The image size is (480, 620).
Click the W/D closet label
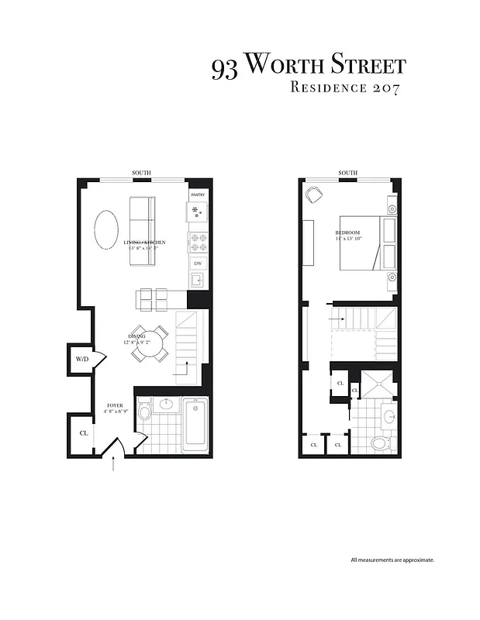tap(81, 360)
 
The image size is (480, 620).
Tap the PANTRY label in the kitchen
tap(198, 195)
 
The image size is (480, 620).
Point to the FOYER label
tap(115, 405)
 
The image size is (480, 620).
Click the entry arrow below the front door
tap(115, 464)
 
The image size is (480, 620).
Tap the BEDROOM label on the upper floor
tap(348, 232)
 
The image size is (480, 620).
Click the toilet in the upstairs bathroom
tap(380, 443)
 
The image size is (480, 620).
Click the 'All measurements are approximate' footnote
tap(392, 560)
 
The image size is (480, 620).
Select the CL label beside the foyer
tap(84, 432)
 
